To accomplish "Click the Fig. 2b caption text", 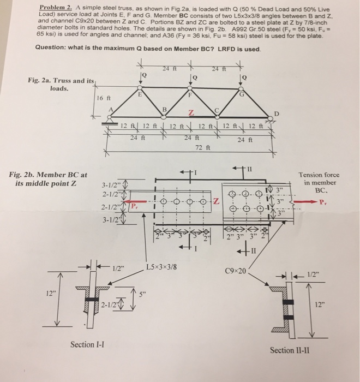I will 48,178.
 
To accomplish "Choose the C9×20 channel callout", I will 236,270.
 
